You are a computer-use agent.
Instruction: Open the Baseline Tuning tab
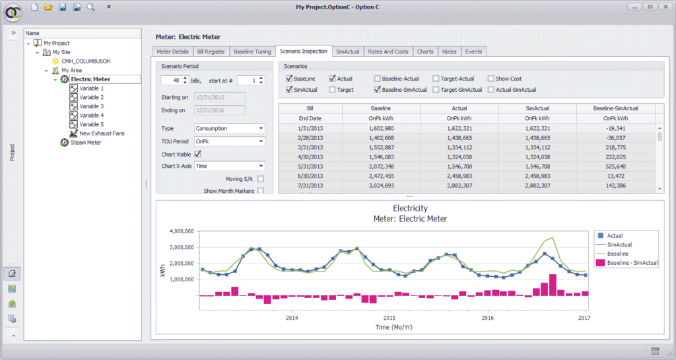click(x=252, y=52)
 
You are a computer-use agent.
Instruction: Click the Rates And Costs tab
click(x=388, y=52)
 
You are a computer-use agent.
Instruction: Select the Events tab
click(x=473, y=52)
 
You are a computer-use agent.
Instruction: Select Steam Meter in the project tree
click(x=86, y=142)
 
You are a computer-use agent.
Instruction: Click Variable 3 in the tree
click(x=91, y=106)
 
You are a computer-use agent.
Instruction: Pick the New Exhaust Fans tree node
click(x=102, y=133)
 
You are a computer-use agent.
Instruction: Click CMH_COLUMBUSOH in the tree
click(x=86, y=61)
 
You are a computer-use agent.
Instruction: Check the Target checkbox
click(x=333, y=90)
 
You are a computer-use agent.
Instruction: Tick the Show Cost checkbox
click(x=491, y=79)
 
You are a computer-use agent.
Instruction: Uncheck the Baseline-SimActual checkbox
click(x=378, y=90)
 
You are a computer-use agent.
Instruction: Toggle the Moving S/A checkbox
click(x=261, y=179)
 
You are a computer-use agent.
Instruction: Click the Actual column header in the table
click(x=459, y=108)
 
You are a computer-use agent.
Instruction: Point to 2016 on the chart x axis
click(x=487, y=318)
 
